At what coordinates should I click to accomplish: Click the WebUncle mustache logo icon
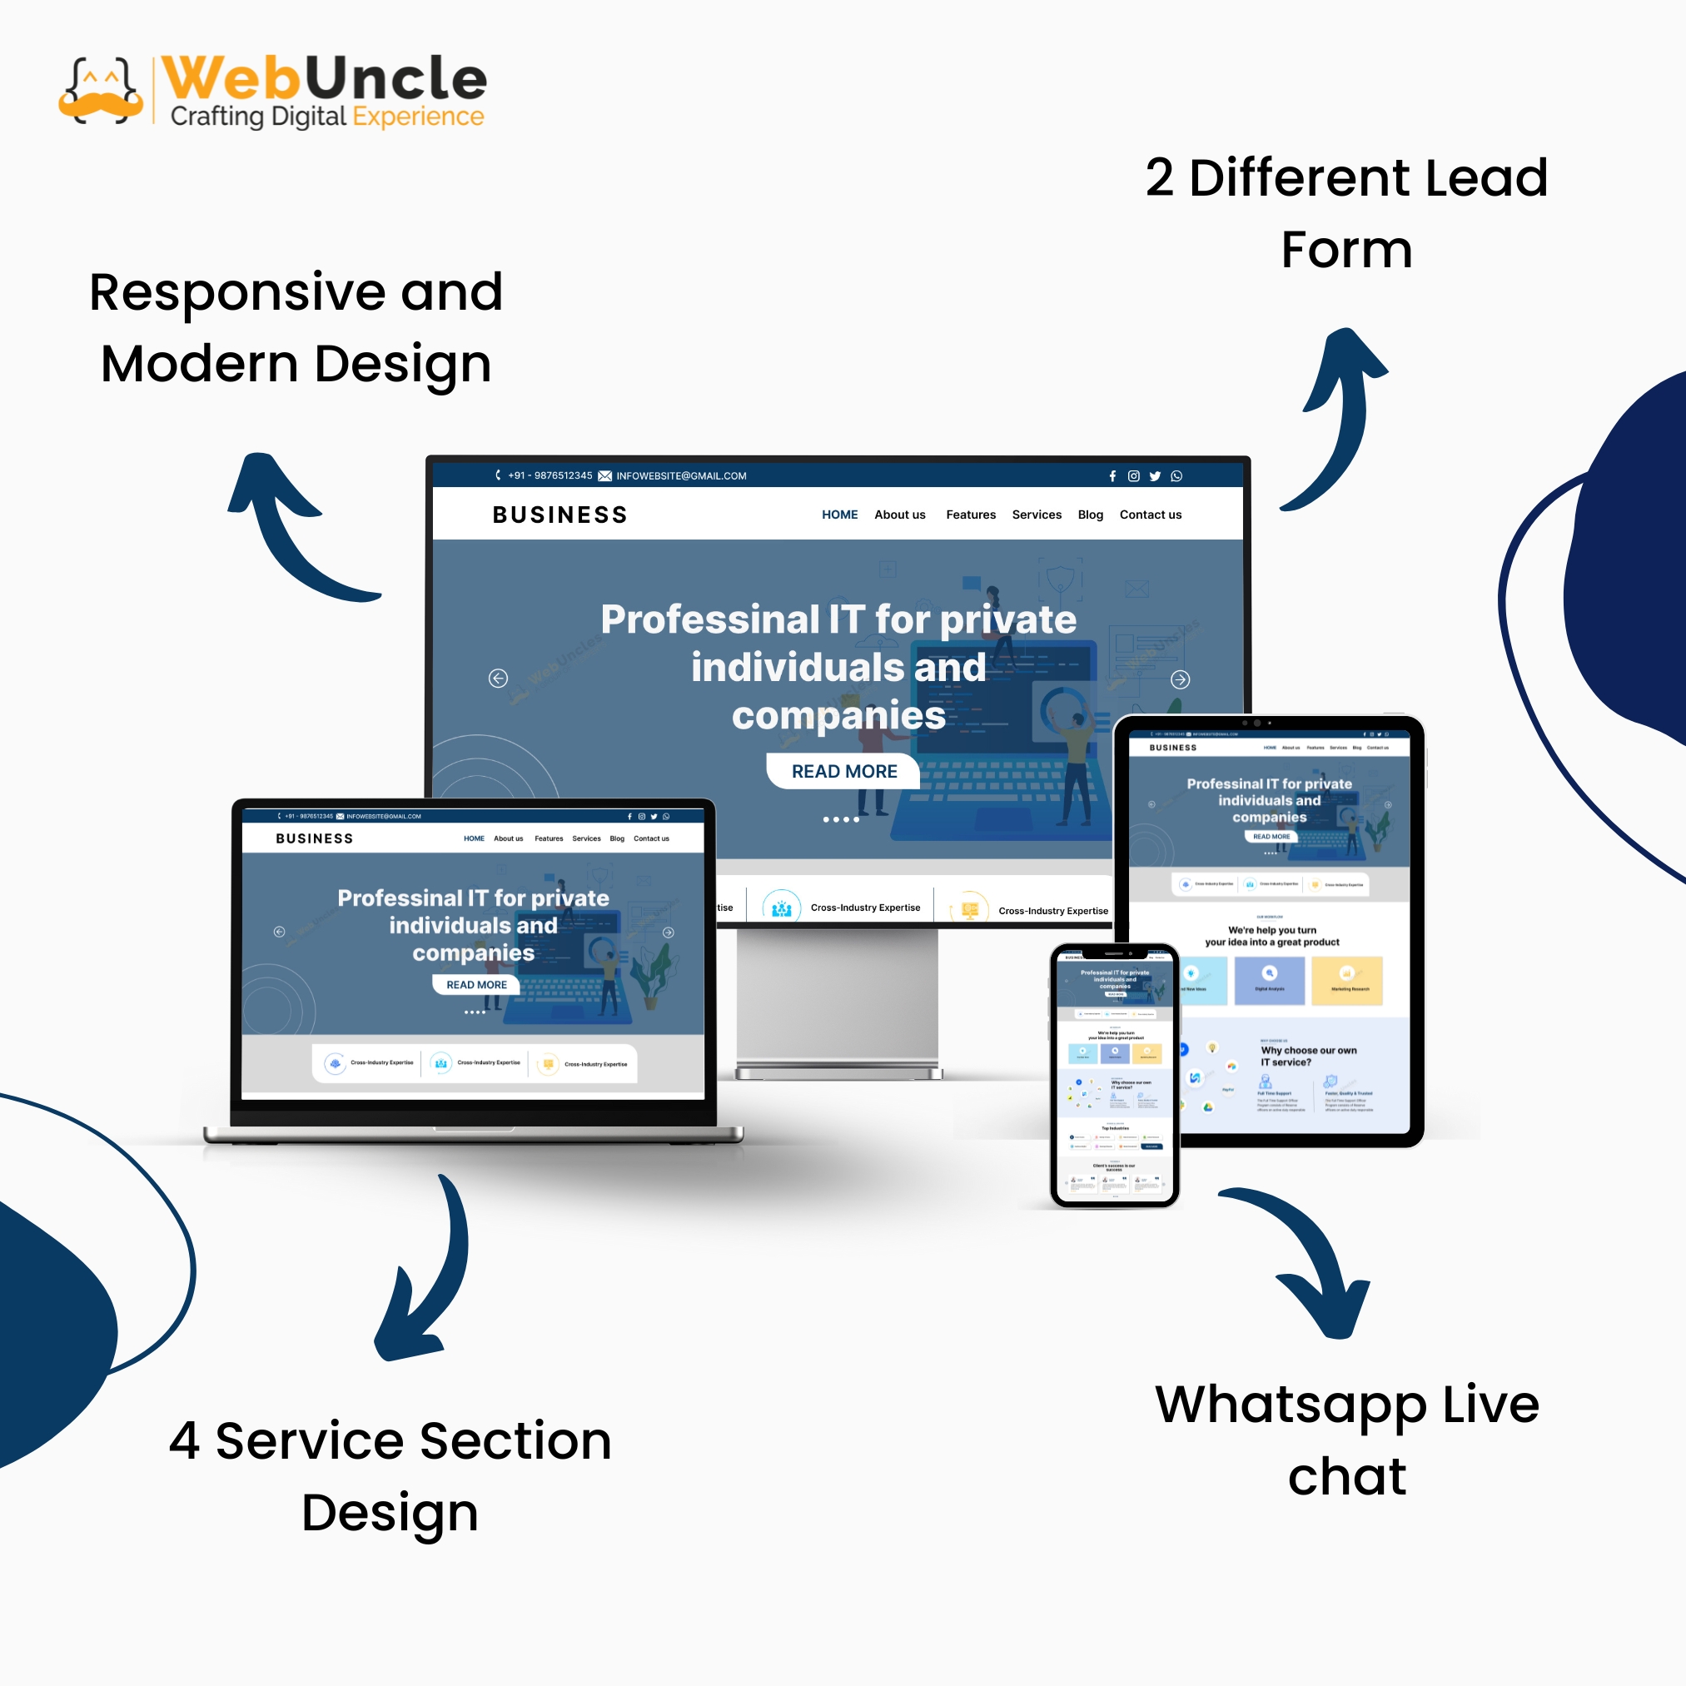pos(102,91)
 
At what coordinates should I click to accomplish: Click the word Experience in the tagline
pos(418,116)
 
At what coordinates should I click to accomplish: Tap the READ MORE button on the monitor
pos(843,772)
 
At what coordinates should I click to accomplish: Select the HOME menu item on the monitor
pos(839,515)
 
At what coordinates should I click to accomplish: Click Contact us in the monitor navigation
pos(1150,515)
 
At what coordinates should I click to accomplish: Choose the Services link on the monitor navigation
pos(1037,515)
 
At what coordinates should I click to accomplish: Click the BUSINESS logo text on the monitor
pos(560,515)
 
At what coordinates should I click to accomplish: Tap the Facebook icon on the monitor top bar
pos(1112,476)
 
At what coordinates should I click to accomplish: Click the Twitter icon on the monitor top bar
pos(1156,476)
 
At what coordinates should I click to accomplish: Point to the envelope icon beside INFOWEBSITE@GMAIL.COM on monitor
pos(604,476)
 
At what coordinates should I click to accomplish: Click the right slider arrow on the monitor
pos(1180,679)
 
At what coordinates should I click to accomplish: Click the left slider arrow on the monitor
pos(498,678)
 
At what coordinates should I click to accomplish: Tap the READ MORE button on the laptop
pos(476,984)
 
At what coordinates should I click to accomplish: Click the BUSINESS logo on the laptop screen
pos(314,838)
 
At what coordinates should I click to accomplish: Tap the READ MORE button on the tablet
pos(1271,836)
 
